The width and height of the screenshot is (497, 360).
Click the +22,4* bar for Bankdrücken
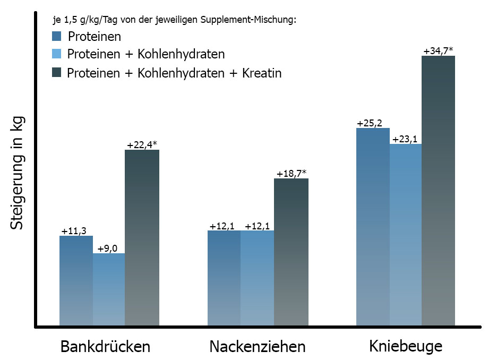coord(142,237)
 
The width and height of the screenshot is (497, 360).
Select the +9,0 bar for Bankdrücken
coord(109,289)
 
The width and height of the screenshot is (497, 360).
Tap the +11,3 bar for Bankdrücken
coord(76,280)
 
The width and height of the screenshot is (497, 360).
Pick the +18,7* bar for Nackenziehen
coord(291,252)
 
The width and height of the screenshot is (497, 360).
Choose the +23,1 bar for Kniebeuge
coord(406,234)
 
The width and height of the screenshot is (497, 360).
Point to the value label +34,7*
coord(439,52)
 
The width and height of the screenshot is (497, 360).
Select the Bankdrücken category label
coord(105,347)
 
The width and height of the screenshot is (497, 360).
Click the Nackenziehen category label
coord(258,347)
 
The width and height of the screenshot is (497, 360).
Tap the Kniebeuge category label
coord(406,347)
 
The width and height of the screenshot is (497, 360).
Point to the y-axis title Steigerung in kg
coord(18,175)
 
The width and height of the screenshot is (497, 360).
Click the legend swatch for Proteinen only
coord(57,37)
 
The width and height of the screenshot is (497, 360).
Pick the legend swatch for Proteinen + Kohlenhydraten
coord(57,54)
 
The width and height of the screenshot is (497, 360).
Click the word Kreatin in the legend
coord(260,73)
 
